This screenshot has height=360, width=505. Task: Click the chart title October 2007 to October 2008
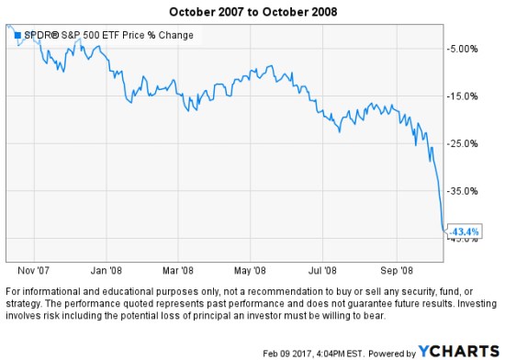coord(253,10)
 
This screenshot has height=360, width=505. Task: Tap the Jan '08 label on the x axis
coord(108,270)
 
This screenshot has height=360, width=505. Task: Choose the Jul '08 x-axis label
coord(320,270)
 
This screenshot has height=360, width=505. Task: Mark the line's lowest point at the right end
coord(443,230)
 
